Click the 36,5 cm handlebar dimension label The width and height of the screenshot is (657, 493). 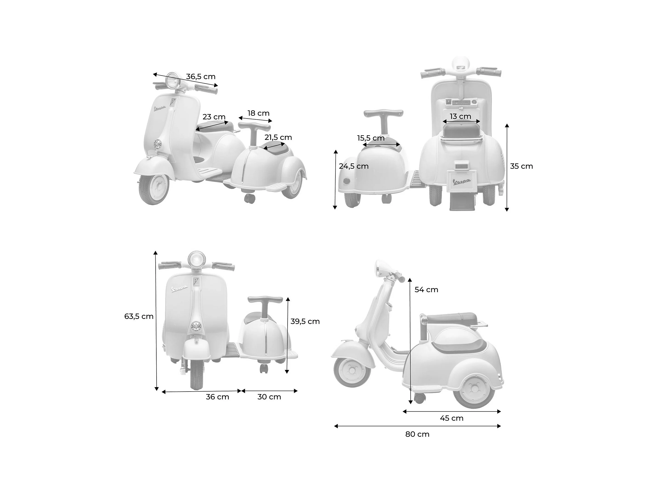click(201, 76)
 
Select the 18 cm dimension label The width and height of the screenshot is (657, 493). click(258, 113)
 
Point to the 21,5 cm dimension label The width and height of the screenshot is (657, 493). click(278, 137)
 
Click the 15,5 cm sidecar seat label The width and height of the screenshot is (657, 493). click(371, 138)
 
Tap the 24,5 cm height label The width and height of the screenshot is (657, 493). click(354, 166)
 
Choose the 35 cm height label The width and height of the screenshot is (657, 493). click(522, 166)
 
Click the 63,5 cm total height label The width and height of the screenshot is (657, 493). click(139, 317)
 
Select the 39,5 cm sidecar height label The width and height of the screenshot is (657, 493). click(305, 321)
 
